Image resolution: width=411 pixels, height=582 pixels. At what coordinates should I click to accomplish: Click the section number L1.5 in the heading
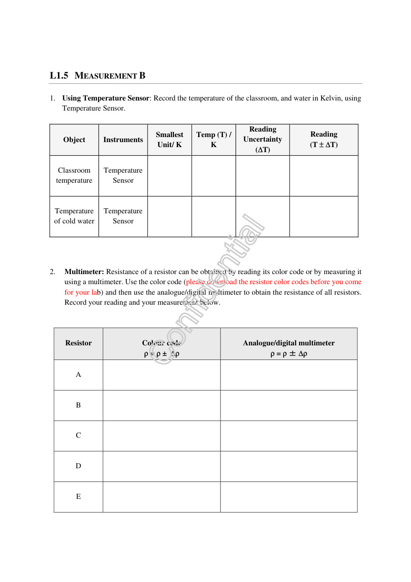tap(59, 76)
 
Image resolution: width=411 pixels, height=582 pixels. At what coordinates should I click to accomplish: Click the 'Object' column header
tap(74, 140)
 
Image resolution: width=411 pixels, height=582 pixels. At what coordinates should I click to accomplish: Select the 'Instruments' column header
tap(123, 140)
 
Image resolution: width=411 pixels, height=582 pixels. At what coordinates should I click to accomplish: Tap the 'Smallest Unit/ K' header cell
tap(169, 140)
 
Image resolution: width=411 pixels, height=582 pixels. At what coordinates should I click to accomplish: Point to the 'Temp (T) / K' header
tap(213, 140)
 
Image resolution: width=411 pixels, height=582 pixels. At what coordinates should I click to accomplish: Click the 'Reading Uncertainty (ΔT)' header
tap(263, 139)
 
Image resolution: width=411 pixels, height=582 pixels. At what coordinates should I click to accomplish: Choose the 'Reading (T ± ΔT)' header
tap(324, 139)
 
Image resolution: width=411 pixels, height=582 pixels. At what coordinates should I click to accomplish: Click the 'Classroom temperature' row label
tap(74, 175)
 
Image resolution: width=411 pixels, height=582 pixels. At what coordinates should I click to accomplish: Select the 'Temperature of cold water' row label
tap(74, 216)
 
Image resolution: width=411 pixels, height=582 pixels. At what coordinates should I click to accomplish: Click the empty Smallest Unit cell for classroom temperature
tap(169, 176)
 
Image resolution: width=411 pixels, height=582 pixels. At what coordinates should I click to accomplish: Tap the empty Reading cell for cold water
tap(324, 217)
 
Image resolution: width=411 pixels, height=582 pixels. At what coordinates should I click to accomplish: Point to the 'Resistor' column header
tap(79, 343)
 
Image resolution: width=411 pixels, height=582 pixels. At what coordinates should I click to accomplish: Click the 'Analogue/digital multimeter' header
tap(289, 344)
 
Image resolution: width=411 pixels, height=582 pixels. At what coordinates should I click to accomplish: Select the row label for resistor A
tap(79, 375)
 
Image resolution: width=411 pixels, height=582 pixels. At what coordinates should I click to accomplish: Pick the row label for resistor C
tap(79, 435)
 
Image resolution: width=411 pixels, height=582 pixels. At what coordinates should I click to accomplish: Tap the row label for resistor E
tap(79, 497)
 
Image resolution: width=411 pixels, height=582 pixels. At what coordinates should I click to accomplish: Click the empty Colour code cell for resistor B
tap(162, 405)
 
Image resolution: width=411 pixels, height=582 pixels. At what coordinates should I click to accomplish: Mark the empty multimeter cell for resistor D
tap(289, 466)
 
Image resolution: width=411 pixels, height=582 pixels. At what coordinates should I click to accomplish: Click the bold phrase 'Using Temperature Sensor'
tap(106, 98)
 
